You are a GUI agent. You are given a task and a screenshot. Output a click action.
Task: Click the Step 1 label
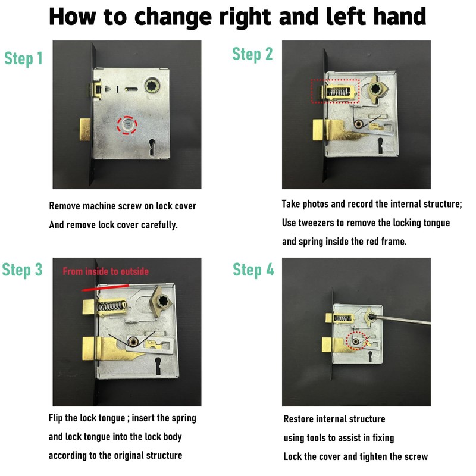tap(23, 58)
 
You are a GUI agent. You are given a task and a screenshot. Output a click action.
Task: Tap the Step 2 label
tap(252, 54)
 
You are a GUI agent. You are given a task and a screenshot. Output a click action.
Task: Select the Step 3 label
tap(22, 270)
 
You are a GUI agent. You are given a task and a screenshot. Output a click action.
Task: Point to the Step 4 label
tap(253, 270)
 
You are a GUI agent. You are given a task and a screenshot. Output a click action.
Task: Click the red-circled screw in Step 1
tap(128, 125)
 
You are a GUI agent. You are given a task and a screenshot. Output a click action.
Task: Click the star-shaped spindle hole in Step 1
tap(152, 86)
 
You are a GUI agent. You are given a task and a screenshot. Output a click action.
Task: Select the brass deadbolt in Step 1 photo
tap(85, 130)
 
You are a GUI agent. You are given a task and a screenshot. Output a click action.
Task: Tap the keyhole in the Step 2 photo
tap(380, 146)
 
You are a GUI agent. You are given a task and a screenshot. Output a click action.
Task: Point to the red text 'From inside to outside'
tap(106, 271)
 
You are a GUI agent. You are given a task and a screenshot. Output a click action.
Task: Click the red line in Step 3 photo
tap(105, 287)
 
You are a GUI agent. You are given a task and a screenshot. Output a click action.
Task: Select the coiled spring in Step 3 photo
tap(111, 306)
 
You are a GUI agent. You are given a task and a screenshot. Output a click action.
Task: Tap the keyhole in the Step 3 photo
tap(158, 366)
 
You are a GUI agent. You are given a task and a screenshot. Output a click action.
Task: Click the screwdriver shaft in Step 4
tap(402, 320)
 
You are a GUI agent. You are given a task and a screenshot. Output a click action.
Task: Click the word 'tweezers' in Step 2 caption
tap(316, 223)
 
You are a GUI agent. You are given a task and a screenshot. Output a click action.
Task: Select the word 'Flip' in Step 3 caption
tap(55, 418)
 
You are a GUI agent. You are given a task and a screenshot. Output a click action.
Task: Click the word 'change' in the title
tap(173, 17)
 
